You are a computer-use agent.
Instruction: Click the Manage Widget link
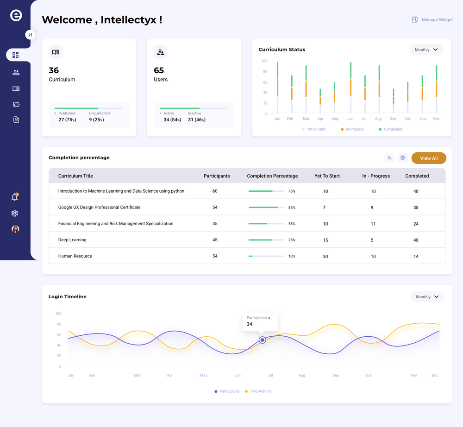[432, 20]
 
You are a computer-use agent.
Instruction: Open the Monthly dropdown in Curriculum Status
[426, 50]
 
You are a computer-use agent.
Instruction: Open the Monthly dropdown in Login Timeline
[427, 297]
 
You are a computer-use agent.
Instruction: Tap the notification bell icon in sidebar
[15, 197]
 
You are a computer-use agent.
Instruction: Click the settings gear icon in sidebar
[15, 213]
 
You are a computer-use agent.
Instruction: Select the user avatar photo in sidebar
[15, 229]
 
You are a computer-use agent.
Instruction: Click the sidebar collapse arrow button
[30, 35]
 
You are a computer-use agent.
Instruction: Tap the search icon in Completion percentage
[389, 158]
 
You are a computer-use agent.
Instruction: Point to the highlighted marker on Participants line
[262, 340]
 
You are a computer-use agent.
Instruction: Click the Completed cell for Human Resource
[416, 256]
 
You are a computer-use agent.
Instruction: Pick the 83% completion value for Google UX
[292, 207]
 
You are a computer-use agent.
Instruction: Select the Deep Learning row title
[72, 240]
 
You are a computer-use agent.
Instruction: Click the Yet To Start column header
[327, 176]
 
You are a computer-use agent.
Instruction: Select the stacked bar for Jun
[350, 88]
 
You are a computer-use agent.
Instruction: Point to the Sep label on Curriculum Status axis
[393, 119]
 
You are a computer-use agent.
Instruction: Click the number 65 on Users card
[159, 70]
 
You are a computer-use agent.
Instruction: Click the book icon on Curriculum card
[56, 52]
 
